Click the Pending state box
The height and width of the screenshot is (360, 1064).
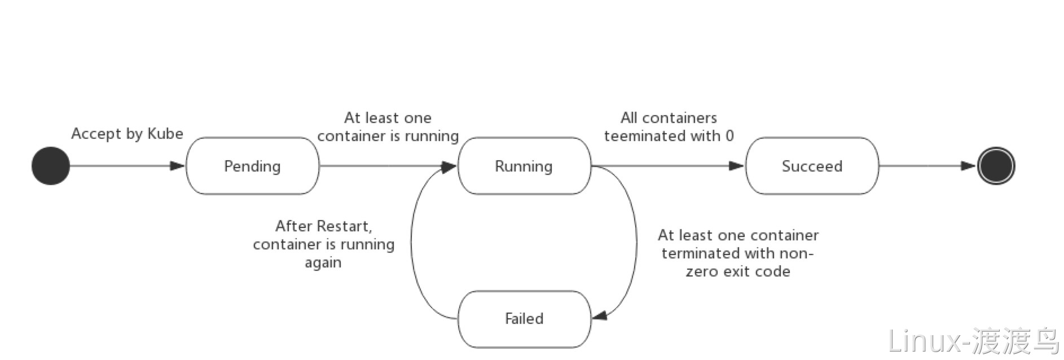tap(252, 166)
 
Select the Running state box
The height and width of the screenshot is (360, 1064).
tap(524, 166)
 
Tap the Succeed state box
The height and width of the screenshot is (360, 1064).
tap(812, 166)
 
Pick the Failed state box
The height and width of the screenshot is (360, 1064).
tap(524, 319)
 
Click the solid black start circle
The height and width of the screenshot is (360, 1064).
tap(51, 166)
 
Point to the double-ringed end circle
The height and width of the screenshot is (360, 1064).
tap(996, 166)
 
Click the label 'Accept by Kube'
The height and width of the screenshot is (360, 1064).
tap(127, 134)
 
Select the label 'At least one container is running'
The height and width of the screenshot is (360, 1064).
tap(388, 127)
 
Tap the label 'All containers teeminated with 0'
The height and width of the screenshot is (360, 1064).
tap(669, 127)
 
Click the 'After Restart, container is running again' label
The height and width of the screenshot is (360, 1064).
tap(323, 244)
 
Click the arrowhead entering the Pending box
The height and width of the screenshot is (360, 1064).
tap(178, 166)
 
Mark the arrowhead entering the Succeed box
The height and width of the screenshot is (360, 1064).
tap(737, 166)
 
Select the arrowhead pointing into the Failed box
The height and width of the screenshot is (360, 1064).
tap(599, 315)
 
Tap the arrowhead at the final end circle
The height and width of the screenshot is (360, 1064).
tap(969, 166)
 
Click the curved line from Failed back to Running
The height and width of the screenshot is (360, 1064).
tap(411, 243)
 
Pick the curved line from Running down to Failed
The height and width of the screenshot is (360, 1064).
tap(636, 243)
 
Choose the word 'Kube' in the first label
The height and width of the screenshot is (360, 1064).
tap(165, 134)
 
